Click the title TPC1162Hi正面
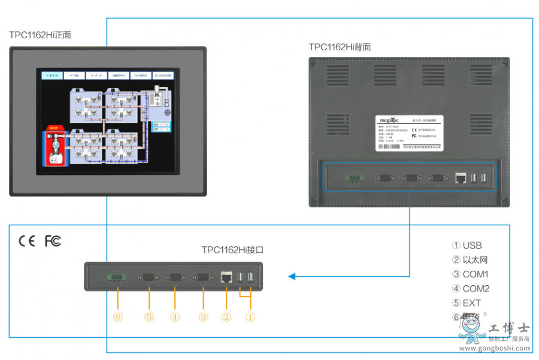click(x=40, y=35)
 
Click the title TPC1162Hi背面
click(x=340, y=47)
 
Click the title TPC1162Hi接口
click(x=232, y=250)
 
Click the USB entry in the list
click(x=467, y=246)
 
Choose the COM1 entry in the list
click(x=470, y=274)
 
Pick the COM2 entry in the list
click(x=470, y=289)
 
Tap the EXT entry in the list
click(x=467, y=303)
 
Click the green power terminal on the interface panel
click(x=116, y=277)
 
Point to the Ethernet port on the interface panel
click(x=227, y=277)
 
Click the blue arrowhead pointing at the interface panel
click(x=292, y=276)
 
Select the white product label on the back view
click(x=409, y=132)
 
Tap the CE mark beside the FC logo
click(x=27, y=241)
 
